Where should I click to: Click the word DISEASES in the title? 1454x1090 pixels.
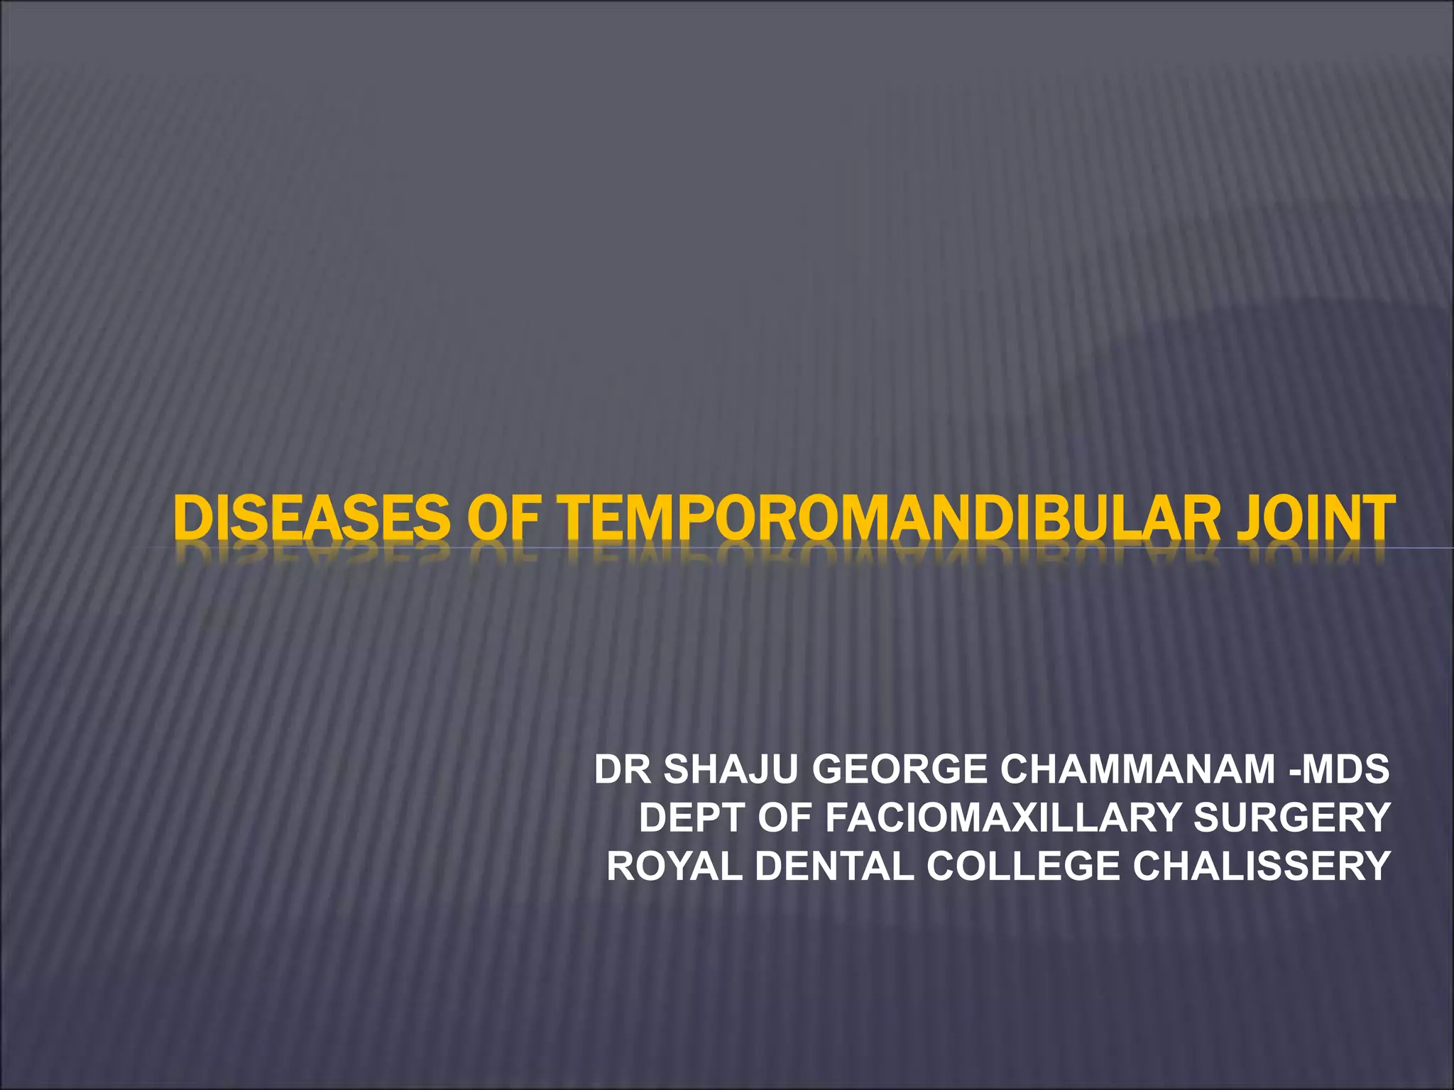pyautogui.click(x=312, y=518)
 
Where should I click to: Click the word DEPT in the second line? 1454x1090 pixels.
pyautogui.click(x=692, y=817)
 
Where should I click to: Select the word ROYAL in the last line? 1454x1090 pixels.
pyautogui.click(x=674, y=866)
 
